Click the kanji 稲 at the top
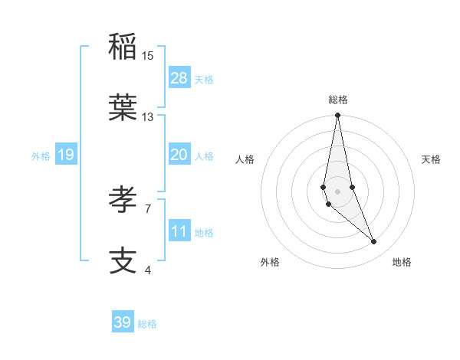tap(123, 47)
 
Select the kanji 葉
tap(123, 108)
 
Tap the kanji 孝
tap(123, 200)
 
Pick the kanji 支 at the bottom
tap(123, 261)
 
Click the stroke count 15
tap(148, 56)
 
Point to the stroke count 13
tap(148, 117)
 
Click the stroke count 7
tap(148, 208)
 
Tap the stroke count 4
tap(148, 270)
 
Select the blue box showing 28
tap(179, 77)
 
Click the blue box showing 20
tap(179, 154)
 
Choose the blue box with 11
tap(179, 231)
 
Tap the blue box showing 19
tap(66, 155)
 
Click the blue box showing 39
tap(123, 322)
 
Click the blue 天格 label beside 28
tap(204, 79)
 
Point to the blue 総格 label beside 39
tap(147, 324)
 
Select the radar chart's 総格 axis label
tap(337, 100)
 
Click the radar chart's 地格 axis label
tap(402, 262)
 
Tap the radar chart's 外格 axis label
tap(270, 262)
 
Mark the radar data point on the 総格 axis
tap(337, 116)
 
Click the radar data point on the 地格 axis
tap(374, 242)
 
